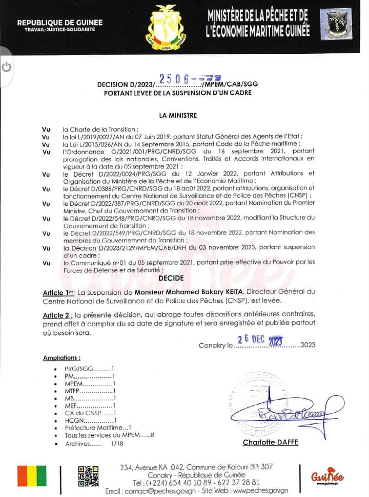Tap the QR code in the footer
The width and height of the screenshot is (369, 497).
(88, 476)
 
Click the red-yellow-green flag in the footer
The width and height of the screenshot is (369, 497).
(32, 476)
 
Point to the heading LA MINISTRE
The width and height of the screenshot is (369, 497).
(178, 116)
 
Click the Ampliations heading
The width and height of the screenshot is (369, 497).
(61, 358)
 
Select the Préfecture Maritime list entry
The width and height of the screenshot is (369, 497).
(98, 427)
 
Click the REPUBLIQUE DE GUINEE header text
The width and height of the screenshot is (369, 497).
(60, 22)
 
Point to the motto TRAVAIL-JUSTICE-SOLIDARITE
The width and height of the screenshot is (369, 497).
(60, 30)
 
